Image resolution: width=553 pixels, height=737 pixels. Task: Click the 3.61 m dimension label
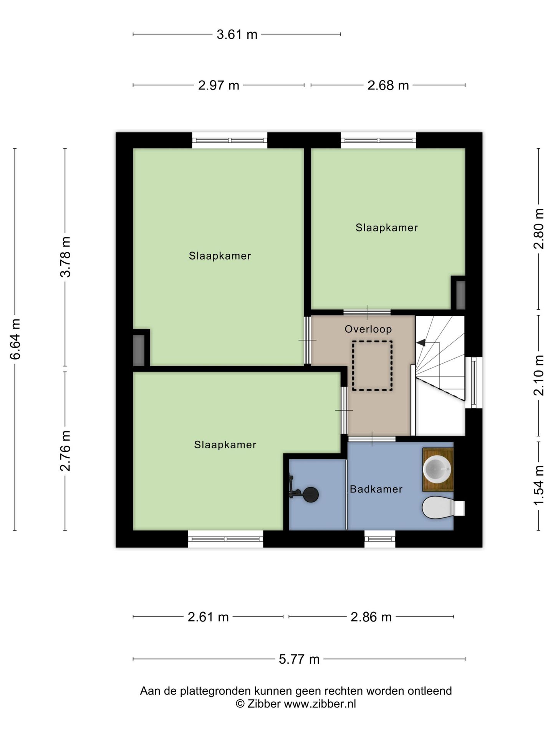[237, 35]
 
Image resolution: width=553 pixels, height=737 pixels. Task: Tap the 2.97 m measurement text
[219, 85]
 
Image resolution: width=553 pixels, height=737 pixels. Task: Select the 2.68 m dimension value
[388, 85]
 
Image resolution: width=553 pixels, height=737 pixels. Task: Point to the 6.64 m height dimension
[15, 339]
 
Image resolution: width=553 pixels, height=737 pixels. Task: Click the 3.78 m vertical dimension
[65, 257]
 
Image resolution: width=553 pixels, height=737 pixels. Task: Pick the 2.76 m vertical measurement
[65, 451]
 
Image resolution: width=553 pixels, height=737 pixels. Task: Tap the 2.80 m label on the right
[539, 229]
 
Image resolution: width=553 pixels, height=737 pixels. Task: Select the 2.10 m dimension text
[539, 375]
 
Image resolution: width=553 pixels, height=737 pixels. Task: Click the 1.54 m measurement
[539, 486]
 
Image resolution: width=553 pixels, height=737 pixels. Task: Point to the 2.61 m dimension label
[208, 617]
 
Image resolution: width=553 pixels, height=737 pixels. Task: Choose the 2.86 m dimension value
[371, 617]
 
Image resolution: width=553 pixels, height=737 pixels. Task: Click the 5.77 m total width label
[299, 659]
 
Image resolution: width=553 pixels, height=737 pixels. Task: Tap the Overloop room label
[368, 329]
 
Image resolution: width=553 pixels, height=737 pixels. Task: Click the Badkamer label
[376, 489]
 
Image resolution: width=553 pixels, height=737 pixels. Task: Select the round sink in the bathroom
[437, 469]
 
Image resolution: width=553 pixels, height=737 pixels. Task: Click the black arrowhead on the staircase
[421, 342]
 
